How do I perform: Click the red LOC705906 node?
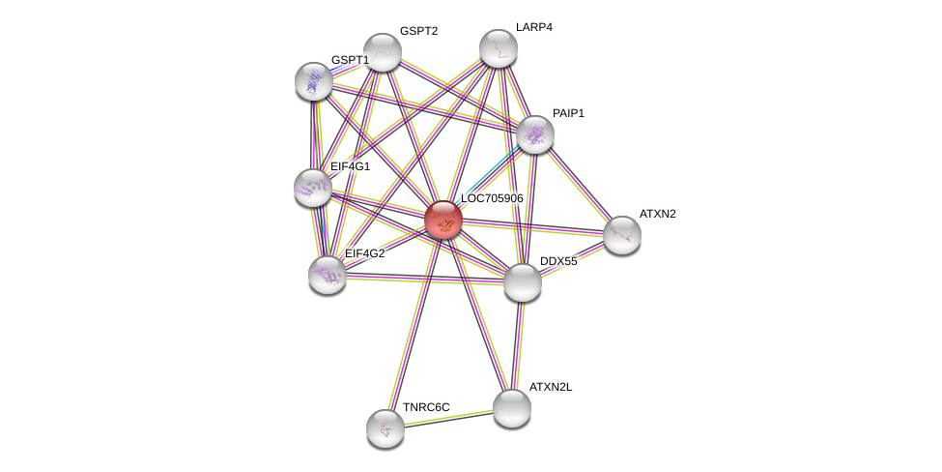443,220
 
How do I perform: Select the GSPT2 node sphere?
382,52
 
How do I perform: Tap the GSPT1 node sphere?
314,81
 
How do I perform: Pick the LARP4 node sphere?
498,48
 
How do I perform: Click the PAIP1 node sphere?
535,134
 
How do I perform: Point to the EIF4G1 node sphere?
313,188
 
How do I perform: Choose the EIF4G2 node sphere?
328,276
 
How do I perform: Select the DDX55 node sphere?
523,282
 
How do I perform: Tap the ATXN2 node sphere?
622,235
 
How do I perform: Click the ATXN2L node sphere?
512,408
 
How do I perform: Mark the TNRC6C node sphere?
385,428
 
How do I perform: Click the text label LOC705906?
492,198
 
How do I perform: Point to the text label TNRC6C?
426,407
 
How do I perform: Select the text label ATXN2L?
551,387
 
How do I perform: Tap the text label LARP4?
534,27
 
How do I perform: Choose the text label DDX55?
558,261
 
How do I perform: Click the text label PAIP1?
568,113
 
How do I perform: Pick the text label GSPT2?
418,31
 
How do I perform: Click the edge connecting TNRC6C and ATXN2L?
448,419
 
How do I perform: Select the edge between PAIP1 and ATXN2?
579,185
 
